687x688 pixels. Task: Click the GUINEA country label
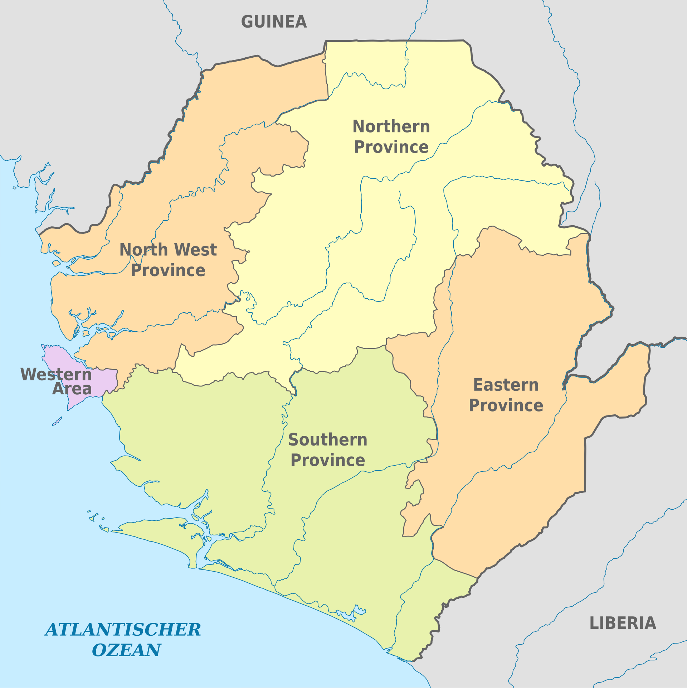coord(274,22)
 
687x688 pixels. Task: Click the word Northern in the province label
coord(391,126)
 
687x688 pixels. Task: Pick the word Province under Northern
coord(391,147)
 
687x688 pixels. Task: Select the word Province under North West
coord(168,270)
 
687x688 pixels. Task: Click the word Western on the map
coord(56,374)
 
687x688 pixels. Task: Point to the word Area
coord(72,389)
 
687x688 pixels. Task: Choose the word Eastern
coord(506,385)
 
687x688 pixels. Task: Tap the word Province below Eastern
coord(506,405)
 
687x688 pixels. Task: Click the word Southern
coord(328,440)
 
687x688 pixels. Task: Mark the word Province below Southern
coord(328,460)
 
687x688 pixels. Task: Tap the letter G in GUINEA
coord(247,22)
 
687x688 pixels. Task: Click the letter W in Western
coord(28,374)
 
